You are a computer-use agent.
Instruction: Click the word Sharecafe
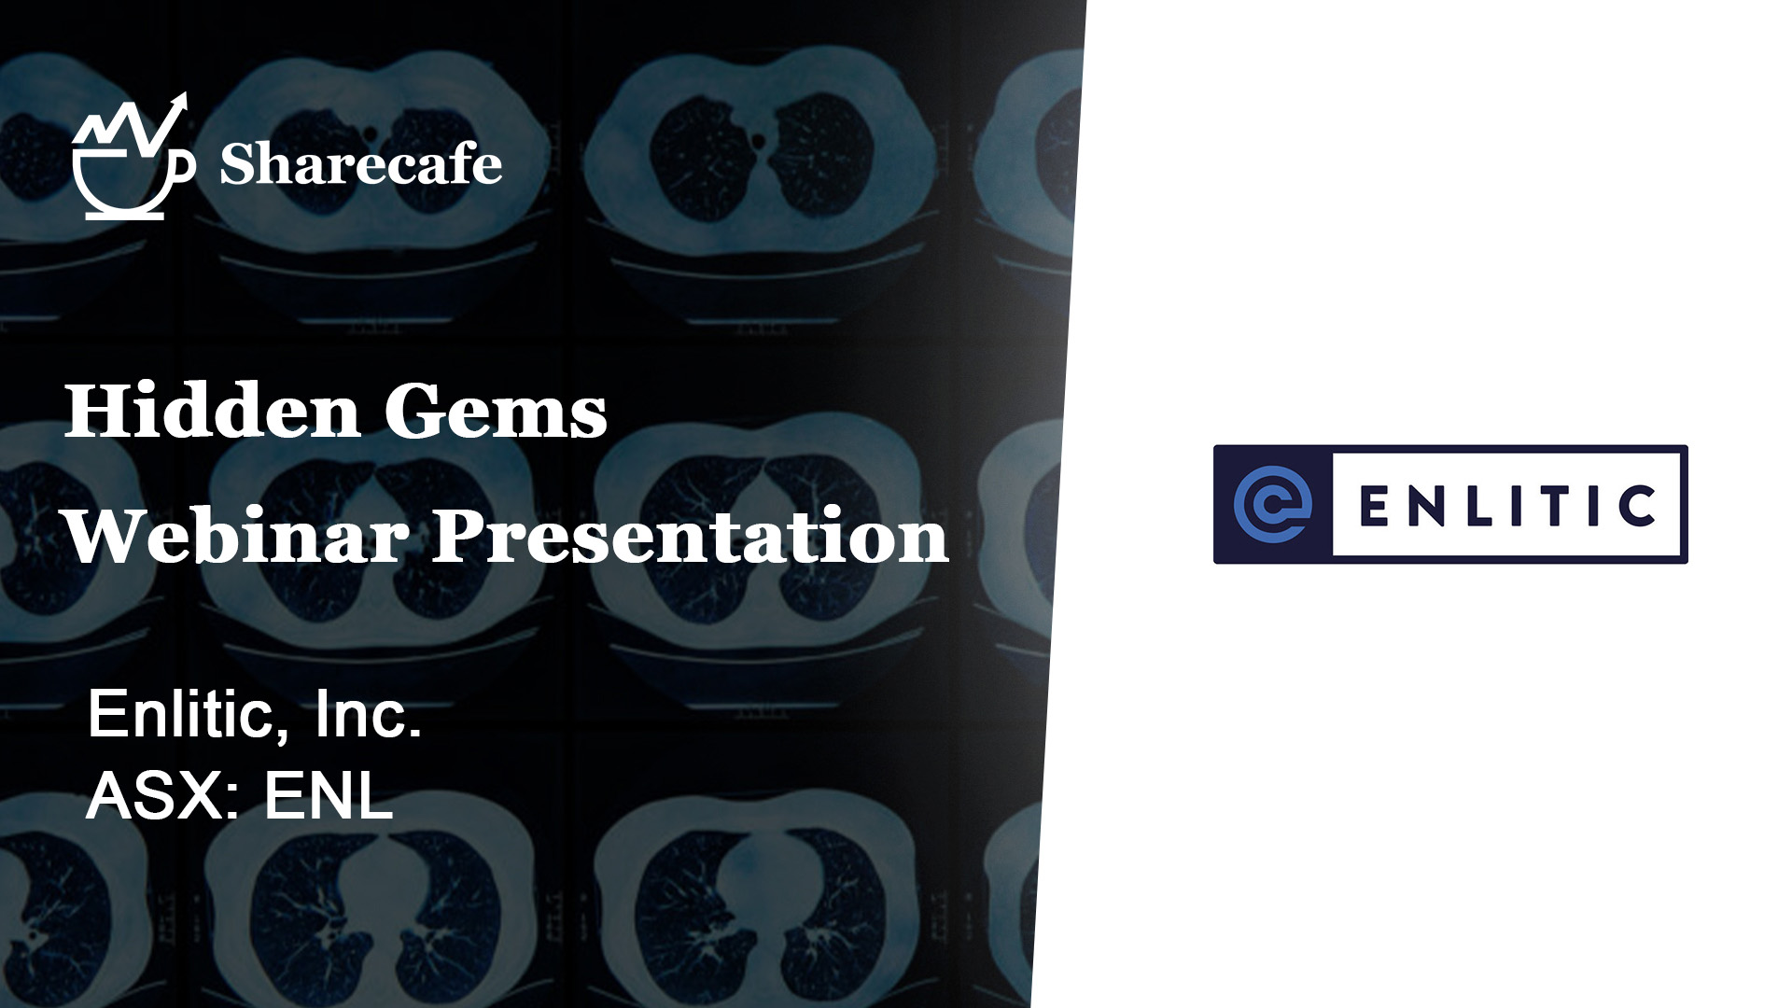[x=361, y=164]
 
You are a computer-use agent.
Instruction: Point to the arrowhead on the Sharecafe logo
[x=179, y=101]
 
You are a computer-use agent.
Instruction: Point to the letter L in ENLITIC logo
[x=1472, y=505]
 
